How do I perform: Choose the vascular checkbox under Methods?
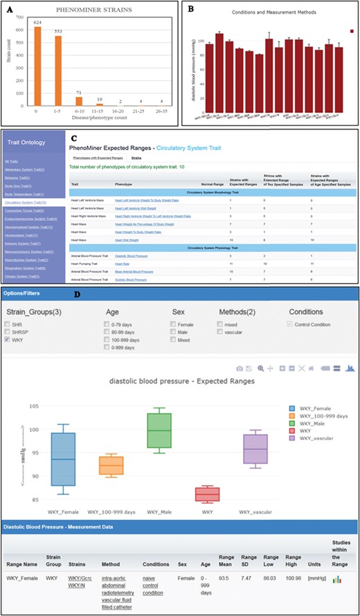[219, 331]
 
